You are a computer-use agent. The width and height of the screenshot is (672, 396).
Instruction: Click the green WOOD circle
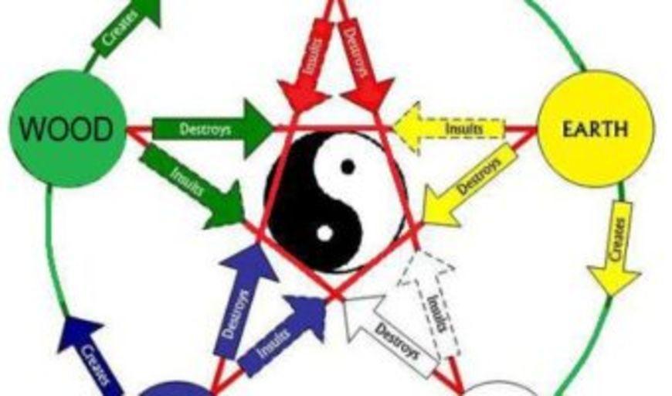(x=68, y=128)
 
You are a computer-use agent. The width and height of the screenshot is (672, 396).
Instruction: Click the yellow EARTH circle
(x=596, y=128)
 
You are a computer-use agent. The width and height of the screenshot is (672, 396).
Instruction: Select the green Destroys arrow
(x=213, y=128)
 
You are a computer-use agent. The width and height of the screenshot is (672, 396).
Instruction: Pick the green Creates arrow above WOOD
(x=127, y=28)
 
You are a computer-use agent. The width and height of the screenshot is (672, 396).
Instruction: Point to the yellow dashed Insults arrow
(x=449, y=128)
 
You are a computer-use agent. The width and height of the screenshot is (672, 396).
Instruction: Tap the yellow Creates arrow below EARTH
(x=615, y=249)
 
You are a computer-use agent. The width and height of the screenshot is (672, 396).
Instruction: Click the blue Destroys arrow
(x=244, y=300)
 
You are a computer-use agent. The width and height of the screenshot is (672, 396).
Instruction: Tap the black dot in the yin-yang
(x=348, y=166)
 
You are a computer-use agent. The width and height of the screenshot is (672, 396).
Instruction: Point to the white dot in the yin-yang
(x=325, y=234)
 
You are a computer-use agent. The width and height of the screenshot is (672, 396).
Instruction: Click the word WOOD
(x=67, y=128)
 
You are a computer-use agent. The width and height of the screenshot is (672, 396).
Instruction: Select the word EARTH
(x=596, y=128)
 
